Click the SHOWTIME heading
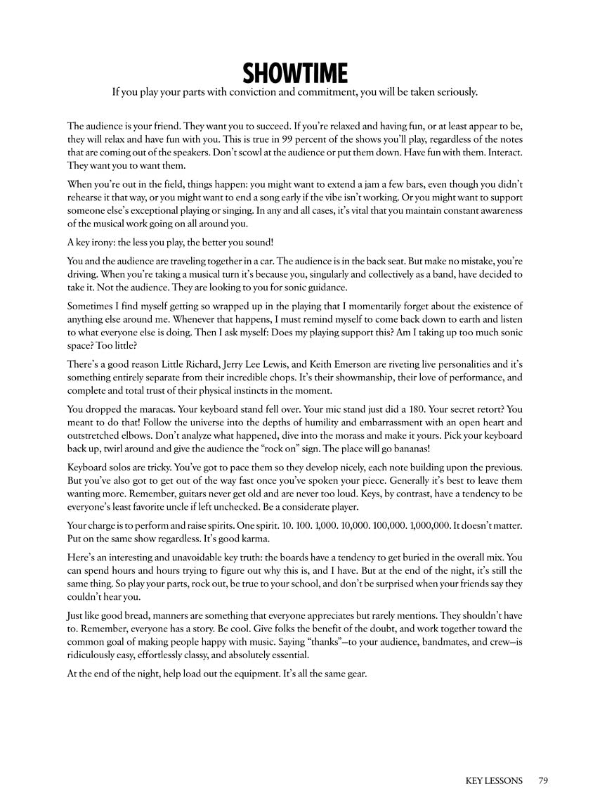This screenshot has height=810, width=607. click(295, 73)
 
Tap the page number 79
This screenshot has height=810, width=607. click(542, 780)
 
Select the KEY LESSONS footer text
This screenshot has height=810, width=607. click(494, 780)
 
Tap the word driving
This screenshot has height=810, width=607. click(84, 274)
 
